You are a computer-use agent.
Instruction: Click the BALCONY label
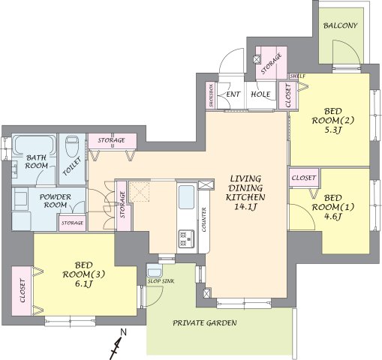point(340,25)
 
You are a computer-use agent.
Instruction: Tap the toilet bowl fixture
point(72,146)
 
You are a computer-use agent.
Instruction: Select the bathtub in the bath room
point(34,145)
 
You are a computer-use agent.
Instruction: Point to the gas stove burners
point(186,238)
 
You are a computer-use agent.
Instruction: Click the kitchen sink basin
point(186,197)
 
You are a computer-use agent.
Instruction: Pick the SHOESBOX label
point(212,95)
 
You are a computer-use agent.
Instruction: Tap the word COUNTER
point(204,220)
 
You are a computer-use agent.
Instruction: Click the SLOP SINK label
point(161,281)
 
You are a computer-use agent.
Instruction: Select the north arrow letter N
point(124,332)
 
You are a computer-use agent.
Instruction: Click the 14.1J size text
point(245,207)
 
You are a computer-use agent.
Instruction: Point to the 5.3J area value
point(332,130)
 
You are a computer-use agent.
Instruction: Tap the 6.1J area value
point(84,284)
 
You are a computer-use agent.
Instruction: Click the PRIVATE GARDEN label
point(205,322)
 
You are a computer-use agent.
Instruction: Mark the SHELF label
point(297,76)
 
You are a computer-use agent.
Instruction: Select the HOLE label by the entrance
point(260,94)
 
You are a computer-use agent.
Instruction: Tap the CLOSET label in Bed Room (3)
point(23,291)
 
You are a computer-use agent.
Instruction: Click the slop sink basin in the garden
point(155,271)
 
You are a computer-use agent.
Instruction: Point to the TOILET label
point(72,166)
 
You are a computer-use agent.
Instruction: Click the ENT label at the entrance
point(233,94)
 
